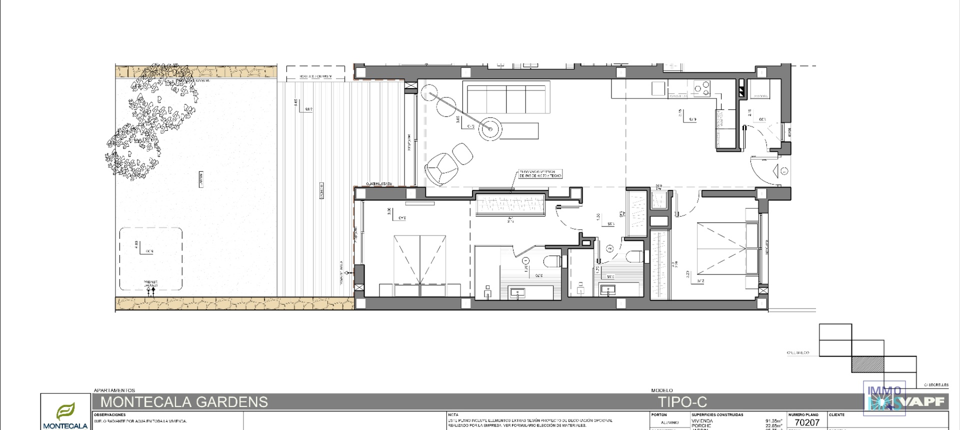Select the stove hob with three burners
pyautogui.click(x=701, y=89)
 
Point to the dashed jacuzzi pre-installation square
pyautogui.click(x=150, y=259)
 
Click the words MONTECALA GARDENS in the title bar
pyautogui.click(x=184, y=402)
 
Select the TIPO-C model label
pyautogui.click(x=682, y=402)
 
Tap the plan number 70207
pyautogui.click(x=807, y=422)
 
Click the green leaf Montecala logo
pyautogui.click(x=65, y=411)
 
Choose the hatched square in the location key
pyautogui.click(x=867, y=364)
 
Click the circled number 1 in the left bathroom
pyautogui.click(x=525, y=260)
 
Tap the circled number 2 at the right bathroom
pyautogui.click(x=610, y=248)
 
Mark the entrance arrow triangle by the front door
pyautogui.click(x=776, y=171)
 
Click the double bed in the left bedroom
pyautogui.click(x=420, y=265)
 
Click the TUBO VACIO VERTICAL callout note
pyautogui.click(x=540, y=173)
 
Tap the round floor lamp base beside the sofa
pyautogui.click(x=490, y=129)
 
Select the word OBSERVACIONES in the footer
pyautogui.click(x=109, y=415)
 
